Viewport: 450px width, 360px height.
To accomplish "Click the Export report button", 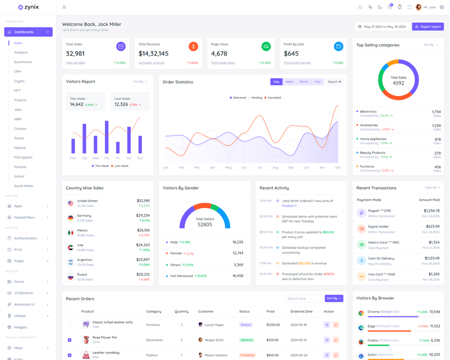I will pyautogui.click(x=428, y=26).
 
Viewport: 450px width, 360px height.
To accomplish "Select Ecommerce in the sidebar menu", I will pyautogui.click(x=23, y=62).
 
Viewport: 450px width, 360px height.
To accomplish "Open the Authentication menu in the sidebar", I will pyautogui.click(x=26, y=238).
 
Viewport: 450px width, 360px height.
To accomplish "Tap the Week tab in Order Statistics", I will pyautogui.click(x=289, y=82).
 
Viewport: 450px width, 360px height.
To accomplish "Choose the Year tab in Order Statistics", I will pyautogui.click(x=317, y=82).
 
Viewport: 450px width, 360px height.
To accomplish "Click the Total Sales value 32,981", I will pyautogui.click(x=75, y=54).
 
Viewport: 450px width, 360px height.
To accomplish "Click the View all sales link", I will pyautogui.click(x=76, y=63).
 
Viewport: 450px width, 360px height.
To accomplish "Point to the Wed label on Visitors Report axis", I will pyautogui.click(x=95, y=158).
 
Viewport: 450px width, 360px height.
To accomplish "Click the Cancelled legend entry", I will pyautogui.click(x=274, y=98).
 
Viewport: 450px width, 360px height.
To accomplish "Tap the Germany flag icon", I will pyautogui.click(x=71, y=218).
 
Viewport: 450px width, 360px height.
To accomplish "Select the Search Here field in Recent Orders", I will pyautogui.click(x=303, y=298).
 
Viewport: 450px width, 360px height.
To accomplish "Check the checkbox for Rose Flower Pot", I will pyautogui.click(x=70, y=340).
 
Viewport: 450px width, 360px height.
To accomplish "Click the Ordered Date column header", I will pyautogui.click(x=301, y=311).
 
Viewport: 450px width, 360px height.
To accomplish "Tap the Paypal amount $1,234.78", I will pyautogui.click(x=431, y=211).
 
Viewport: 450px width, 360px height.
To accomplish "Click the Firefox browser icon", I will pyautogui.click(x=361, y=341).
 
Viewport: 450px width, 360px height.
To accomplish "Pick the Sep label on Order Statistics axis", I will pyautogui.click(x=291, y=167).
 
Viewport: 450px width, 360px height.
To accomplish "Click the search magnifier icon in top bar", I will pyautogui.click(x=360, y=7).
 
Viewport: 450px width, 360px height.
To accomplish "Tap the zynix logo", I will pyautogui.click(x=28, y=7).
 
